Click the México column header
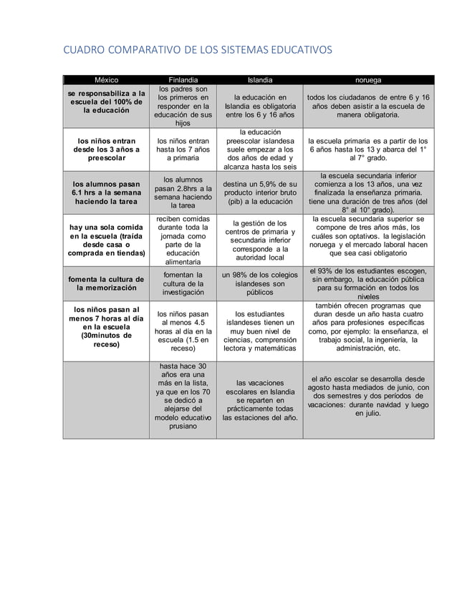[x=106, y=80]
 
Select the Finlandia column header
[x=184, y=80]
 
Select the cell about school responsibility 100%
[x=106, y=104]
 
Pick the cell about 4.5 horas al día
[x=184, y=332]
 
